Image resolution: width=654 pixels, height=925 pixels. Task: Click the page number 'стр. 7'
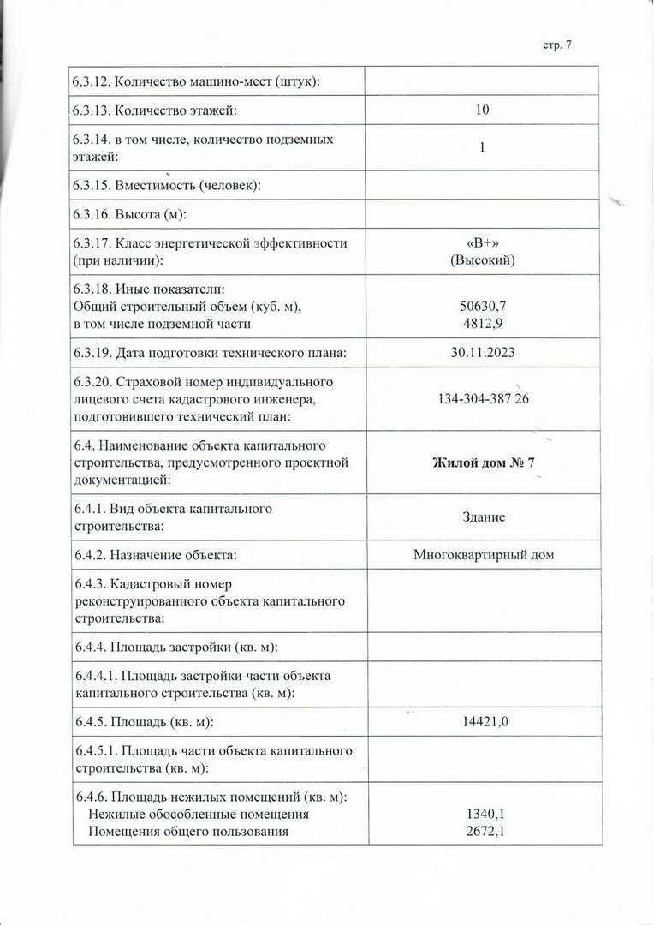click(x=556, y=45)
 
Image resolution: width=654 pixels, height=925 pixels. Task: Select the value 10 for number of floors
click(x=483, y=110)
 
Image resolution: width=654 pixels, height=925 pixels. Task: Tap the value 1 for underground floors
click(x=483, y=147)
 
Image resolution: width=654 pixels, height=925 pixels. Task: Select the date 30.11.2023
click(x=484, y=353)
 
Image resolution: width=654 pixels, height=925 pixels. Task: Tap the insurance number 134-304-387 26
click(x=484, y=399)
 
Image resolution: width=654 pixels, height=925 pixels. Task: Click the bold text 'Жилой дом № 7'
click(x=484, y=462)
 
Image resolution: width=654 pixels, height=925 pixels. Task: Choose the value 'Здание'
click(x=484, y=517)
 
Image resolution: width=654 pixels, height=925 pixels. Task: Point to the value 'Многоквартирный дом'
click(x=484, y=555)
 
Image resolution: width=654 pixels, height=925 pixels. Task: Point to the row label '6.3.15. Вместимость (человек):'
click(x=167, y=185)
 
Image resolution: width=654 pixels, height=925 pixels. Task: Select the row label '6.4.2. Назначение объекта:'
click(x=155, y=555)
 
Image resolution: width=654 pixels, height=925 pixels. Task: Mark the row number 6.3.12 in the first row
click(x=91, y=81)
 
